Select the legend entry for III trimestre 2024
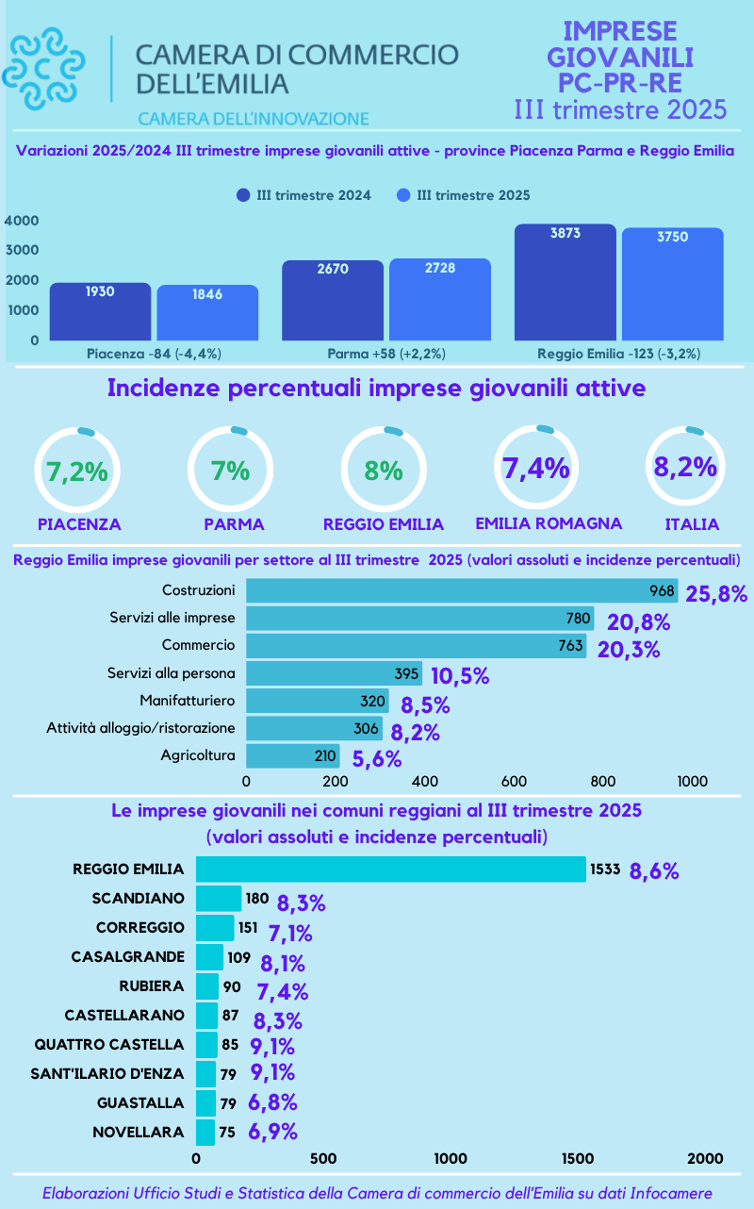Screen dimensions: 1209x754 [x=303, y=195]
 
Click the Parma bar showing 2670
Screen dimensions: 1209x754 [x=333, y=299]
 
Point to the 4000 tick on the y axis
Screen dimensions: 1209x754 [x=22, y=220]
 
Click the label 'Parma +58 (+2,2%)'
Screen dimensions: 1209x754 [x=386, y=354]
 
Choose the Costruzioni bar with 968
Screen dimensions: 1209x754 [x=462, y=591]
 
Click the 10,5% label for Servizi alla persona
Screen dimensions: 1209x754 [x=460, y=676]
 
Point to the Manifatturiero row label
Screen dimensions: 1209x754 [x=187, y=701]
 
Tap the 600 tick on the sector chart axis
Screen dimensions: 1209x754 [x=514, y=781]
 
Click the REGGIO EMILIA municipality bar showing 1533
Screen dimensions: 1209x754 [x=390, y=869]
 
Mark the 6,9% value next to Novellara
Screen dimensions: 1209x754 [x=273, y=1133]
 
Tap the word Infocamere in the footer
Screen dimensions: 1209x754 [x=669, y=1193]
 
